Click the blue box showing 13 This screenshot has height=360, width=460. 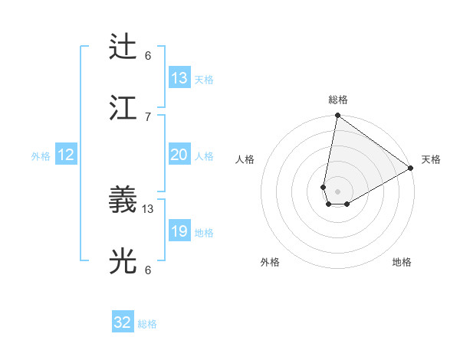[x=179, y=78]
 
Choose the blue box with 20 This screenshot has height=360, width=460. [x=179, y=155]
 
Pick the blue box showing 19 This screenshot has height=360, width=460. [x=179, y=231]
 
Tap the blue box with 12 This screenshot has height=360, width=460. [x=66, y=155]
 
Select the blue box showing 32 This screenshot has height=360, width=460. [x=123, y=322]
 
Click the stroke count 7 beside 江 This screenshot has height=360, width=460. [x=148, y=116]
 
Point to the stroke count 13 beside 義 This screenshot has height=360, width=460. [x=148, y=208]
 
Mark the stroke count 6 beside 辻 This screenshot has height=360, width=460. [x=148, y=56]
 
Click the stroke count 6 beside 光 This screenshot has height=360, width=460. [x=148, y=270]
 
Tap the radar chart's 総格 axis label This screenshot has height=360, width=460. [x=337, y=100]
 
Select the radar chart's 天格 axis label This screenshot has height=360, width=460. [x=431, y=159]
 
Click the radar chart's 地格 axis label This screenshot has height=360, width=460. [x=402, y=262]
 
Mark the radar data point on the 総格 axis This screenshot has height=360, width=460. [x=337, y=116]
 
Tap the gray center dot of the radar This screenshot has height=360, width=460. [x=337, y=191]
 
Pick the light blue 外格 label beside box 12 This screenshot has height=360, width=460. [x=41, y=155]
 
